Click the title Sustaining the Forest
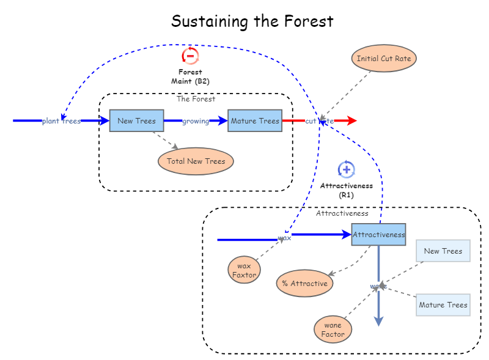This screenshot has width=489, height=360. coord(252,21)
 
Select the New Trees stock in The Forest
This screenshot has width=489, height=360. coord(136,121)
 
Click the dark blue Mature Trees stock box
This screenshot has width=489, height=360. coord(255,121)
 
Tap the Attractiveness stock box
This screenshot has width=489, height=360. coord(378,235)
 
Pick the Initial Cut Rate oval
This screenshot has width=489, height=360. coord(384,59)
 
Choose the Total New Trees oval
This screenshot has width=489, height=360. coord(196,161)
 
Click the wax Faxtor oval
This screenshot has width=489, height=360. coord(244,270)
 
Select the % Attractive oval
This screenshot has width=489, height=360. coord(304,284)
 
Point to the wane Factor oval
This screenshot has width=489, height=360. coord(333,329)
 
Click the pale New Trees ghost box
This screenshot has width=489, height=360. coord(443,251)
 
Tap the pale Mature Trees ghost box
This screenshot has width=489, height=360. coord(443,305)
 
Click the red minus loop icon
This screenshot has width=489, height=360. coord(190,56)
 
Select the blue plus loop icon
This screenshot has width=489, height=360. coord(347,169)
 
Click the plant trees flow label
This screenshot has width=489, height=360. coord(61,121)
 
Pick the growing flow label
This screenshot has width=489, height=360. coord(196,121)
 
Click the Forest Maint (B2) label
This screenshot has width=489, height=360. coord(190,76)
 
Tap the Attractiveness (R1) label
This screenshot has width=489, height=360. coord(347,190)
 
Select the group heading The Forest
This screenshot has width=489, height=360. coord(196,99)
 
